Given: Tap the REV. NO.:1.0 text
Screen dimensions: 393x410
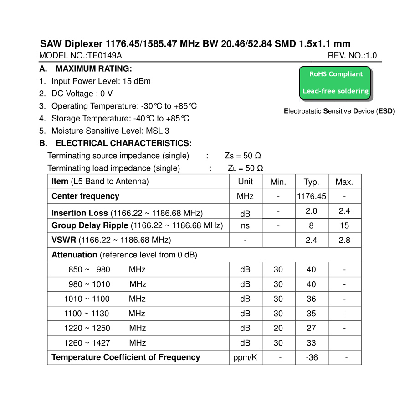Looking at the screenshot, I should point(352,56).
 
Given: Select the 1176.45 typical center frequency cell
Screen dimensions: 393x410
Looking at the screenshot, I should point(312,197).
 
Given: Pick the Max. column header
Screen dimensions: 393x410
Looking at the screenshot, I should point(344,182).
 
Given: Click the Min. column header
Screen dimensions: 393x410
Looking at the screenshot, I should point(278,182).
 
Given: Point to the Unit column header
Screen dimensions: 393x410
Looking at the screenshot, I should point(245,182).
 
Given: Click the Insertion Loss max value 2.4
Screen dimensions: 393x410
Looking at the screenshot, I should point(344,211).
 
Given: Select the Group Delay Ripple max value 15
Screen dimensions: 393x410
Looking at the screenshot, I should point(344,225).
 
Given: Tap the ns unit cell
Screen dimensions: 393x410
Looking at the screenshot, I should point(245,225).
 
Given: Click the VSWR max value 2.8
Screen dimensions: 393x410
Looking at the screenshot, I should point(344,240).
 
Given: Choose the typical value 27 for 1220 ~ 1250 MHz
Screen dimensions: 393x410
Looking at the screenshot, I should point(312,328).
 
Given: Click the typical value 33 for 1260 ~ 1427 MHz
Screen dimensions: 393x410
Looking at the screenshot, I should point(312,343).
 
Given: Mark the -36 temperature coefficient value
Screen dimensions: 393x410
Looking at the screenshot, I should point(312,357).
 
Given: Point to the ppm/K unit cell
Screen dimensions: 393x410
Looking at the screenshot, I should point(245,357).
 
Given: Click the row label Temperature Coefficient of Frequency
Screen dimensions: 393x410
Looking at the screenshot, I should point(126,357).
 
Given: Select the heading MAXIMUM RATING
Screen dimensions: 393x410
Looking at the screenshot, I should point(93,69).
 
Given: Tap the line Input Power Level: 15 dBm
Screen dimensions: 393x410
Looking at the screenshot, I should point(101,81).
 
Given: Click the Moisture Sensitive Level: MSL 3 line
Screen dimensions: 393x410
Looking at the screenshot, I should point(110,131).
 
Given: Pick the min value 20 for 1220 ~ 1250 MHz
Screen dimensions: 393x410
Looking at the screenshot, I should point(278,328).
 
